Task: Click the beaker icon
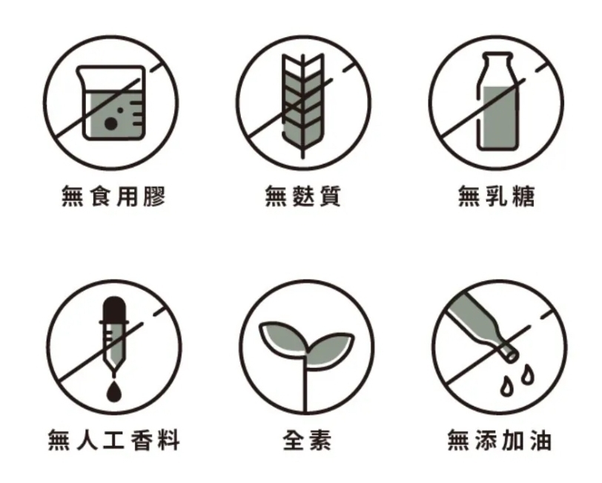112,102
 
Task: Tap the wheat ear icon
303,105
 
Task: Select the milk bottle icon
497,102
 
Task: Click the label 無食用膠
113,196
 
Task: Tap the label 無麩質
303,196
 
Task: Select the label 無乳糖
497,196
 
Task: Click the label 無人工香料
114,440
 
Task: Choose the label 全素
307,440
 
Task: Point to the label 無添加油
500,440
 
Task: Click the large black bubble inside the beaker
111,123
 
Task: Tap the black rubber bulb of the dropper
114,309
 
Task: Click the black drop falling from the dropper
114,391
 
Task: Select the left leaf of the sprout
283,337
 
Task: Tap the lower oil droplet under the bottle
507,386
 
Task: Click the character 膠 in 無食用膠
155,196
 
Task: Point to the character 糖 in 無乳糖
523,196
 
